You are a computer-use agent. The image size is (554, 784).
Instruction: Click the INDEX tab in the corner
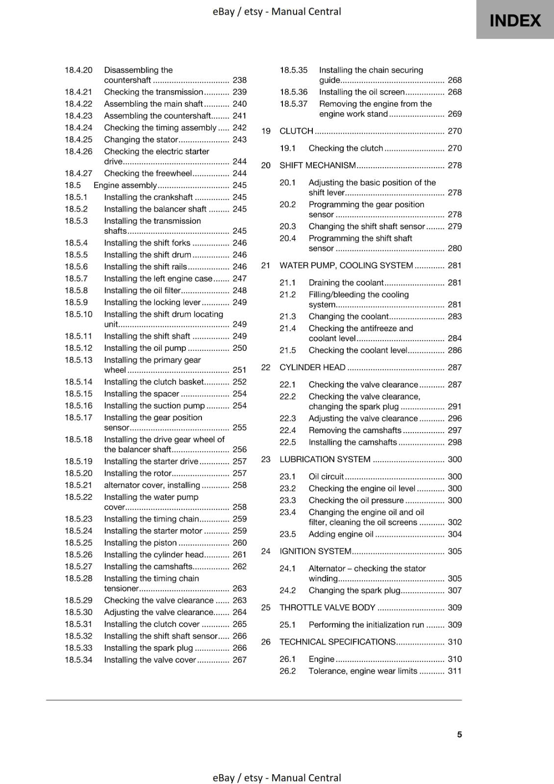tap(515, 20)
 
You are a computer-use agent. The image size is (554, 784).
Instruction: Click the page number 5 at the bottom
tap(459, 734)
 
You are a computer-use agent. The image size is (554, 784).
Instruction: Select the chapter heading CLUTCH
tap(296, 131)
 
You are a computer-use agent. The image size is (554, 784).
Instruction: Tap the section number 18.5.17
tap(78, 417)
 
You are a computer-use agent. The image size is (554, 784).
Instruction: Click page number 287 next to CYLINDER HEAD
tap(454, 367)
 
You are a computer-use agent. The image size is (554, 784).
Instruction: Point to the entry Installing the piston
tap(140, 542)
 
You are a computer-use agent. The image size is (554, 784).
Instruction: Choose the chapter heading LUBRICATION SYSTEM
tap(325, 459)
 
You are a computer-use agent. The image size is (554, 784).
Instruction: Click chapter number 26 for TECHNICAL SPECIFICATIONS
tap(266, 641)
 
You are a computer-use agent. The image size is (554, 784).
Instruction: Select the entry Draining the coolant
tap(346, 282)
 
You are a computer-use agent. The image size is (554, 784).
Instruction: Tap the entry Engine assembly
tap(125, 185)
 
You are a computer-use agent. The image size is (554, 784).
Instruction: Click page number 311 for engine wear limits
tap(454, 671)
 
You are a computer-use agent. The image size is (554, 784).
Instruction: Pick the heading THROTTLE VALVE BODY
tap(327, 607)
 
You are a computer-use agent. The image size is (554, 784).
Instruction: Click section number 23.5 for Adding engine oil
tap(288, 534)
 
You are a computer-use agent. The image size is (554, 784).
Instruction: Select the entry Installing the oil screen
tap(362, 92)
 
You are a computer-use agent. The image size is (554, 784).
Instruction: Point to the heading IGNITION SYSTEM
tap(315, 551)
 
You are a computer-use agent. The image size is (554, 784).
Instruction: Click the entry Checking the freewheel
tap(148, 173)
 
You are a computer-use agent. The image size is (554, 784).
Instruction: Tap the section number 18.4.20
tap(78, 70)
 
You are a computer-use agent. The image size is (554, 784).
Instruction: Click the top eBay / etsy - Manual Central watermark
tap(277, 11)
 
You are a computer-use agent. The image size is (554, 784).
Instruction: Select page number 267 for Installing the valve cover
tap(239, 660)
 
